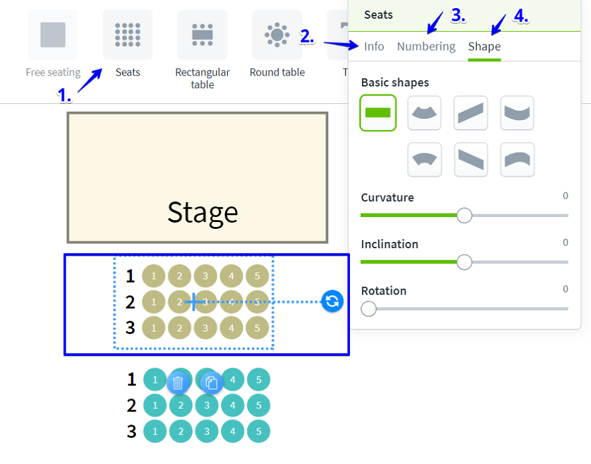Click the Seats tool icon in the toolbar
(x=128, y=35)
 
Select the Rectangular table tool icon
(x=202, y=35)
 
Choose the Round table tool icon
(x=277, y=35)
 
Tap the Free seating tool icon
(x=53, y=35)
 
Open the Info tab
(x=374, y=46)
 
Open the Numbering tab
(x=426, y=46)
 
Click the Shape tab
(x=484, y=46)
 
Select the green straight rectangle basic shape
(x=378, y=113)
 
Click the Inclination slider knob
(x=464, y=262)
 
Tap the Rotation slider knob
(x=369, y=309)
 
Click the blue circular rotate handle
(x=332, y=301)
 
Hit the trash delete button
(x=178, y=383)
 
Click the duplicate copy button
(x=212, y=383)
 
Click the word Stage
(x=202, y=213)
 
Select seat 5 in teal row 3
(x=259, y=431)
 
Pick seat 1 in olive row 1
(x=154, y=276)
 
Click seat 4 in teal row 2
(x=232, y=406)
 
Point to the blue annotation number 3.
(x=458, y=16)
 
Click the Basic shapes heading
(x=395, y=83)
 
